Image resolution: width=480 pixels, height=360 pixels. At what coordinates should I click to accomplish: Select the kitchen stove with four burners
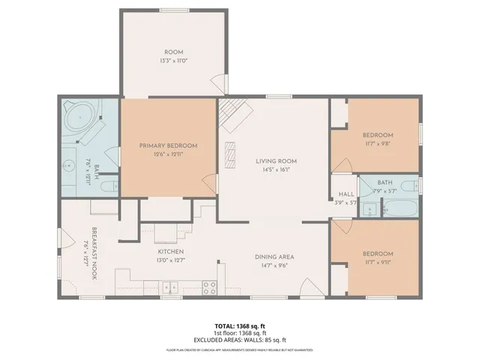click(x=209, y=286)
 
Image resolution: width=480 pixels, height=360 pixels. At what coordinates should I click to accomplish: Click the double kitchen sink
click(x=170, y=286)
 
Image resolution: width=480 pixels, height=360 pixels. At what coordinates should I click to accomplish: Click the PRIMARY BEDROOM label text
click(x=169, y=145)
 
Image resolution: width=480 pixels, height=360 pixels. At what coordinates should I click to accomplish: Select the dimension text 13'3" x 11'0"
click(x=174, y=60)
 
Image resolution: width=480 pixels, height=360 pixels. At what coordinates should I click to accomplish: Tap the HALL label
click(x=346, y=194)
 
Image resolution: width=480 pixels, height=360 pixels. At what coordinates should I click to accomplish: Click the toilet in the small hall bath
click(x=407, y=186)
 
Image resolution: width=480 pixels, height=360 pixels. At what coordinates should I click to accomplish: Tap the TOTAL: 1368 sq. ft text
click(x=239, y=325)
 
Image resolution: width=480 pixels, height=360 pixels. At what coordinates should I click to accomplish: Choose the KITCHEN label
click(x=170, y=252)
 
